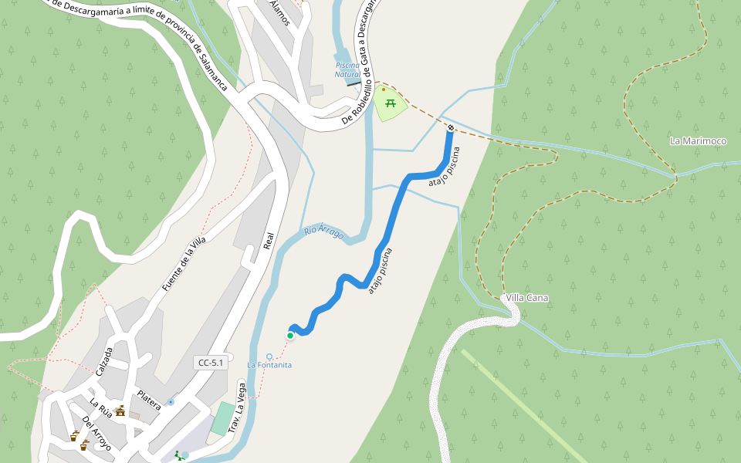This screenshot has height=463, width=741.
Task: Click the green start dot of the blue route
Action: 290,336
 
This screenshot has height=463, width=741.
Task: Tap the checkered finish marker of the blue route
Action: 450,127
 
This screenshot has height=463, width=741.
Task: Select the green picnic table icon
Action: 391,103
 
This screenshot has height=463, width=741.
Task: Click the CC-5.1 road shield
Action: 211,363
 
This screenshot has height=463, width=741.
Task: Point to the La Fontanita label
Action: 269,365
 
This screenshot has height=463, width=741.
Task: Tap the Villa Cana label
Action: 527,298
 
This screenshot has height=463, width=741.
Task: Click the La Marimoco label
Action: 699,141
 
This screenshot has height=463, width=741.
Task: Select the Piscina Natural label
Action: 347,69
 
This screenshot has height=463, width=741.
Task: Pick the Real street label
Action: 269,242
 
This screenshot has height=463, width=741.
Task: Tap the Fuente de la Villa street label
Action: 184,264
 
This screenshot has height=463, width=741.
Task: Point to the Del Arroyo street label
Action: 96,434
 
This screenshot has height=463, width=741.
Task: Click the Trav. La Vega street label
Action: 238,408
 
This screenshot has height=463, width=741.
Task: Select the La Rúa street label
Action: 100,408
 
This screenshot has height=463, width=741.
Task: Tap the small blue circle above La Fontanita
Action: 269,357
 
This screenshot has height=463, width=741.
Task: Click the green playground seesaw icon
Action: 179,455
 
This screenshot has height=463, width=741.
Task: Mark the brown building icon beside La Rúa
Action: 120,411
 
